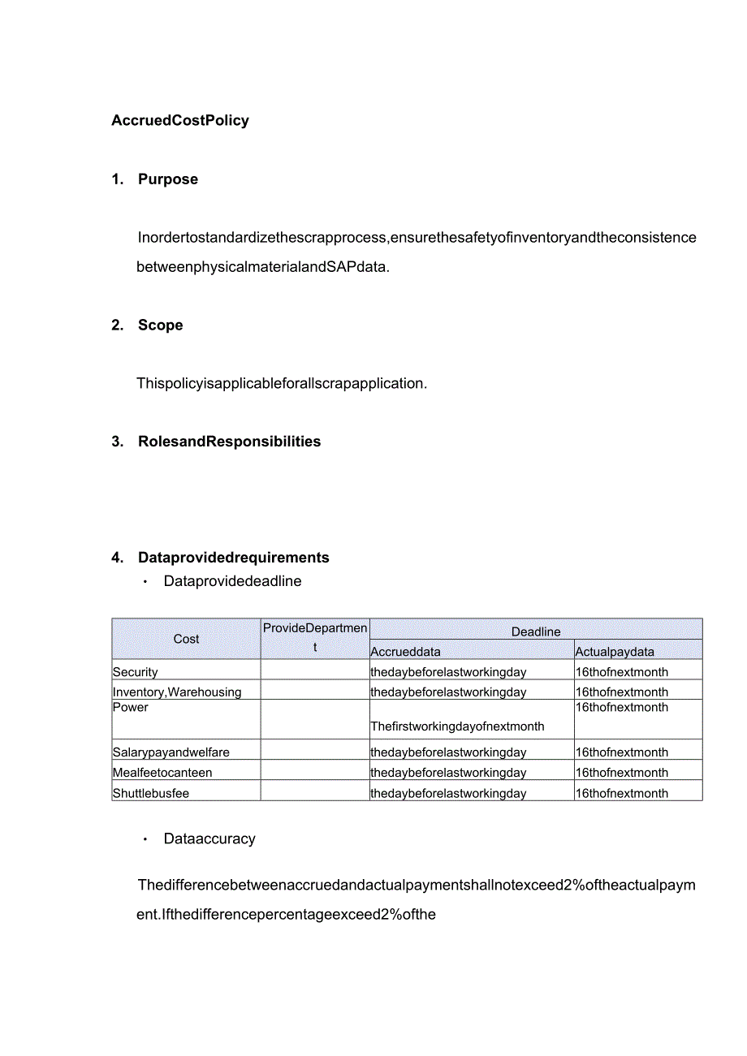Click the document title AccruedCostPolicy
point(180,121)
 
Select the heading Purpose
point(167,179)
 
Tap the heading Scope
point(160,325)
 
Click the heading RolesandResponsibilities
point(229,442)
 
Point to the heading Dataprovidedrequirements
point(233,558)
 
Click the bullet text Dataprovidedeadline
point(232,581)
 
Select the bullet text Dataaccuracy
point(209,839)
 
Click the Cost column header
point(186,639)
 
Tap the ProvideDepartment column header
point(315,638)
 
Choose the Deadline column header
point(536,631)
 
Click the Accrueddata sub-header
point(406,652)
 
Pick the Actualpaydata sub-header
point(615,652)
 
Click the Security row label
point(136,672)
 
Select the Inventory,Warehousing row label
point(177,692)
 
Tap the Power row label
point(131,708)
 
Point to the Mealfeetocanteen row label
point(162,773)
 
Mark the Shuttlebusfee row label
point(151,793)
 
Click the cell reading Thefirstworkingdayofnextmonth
point(457,726)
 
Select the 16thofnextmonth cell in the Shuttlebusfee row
point(622,793)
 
